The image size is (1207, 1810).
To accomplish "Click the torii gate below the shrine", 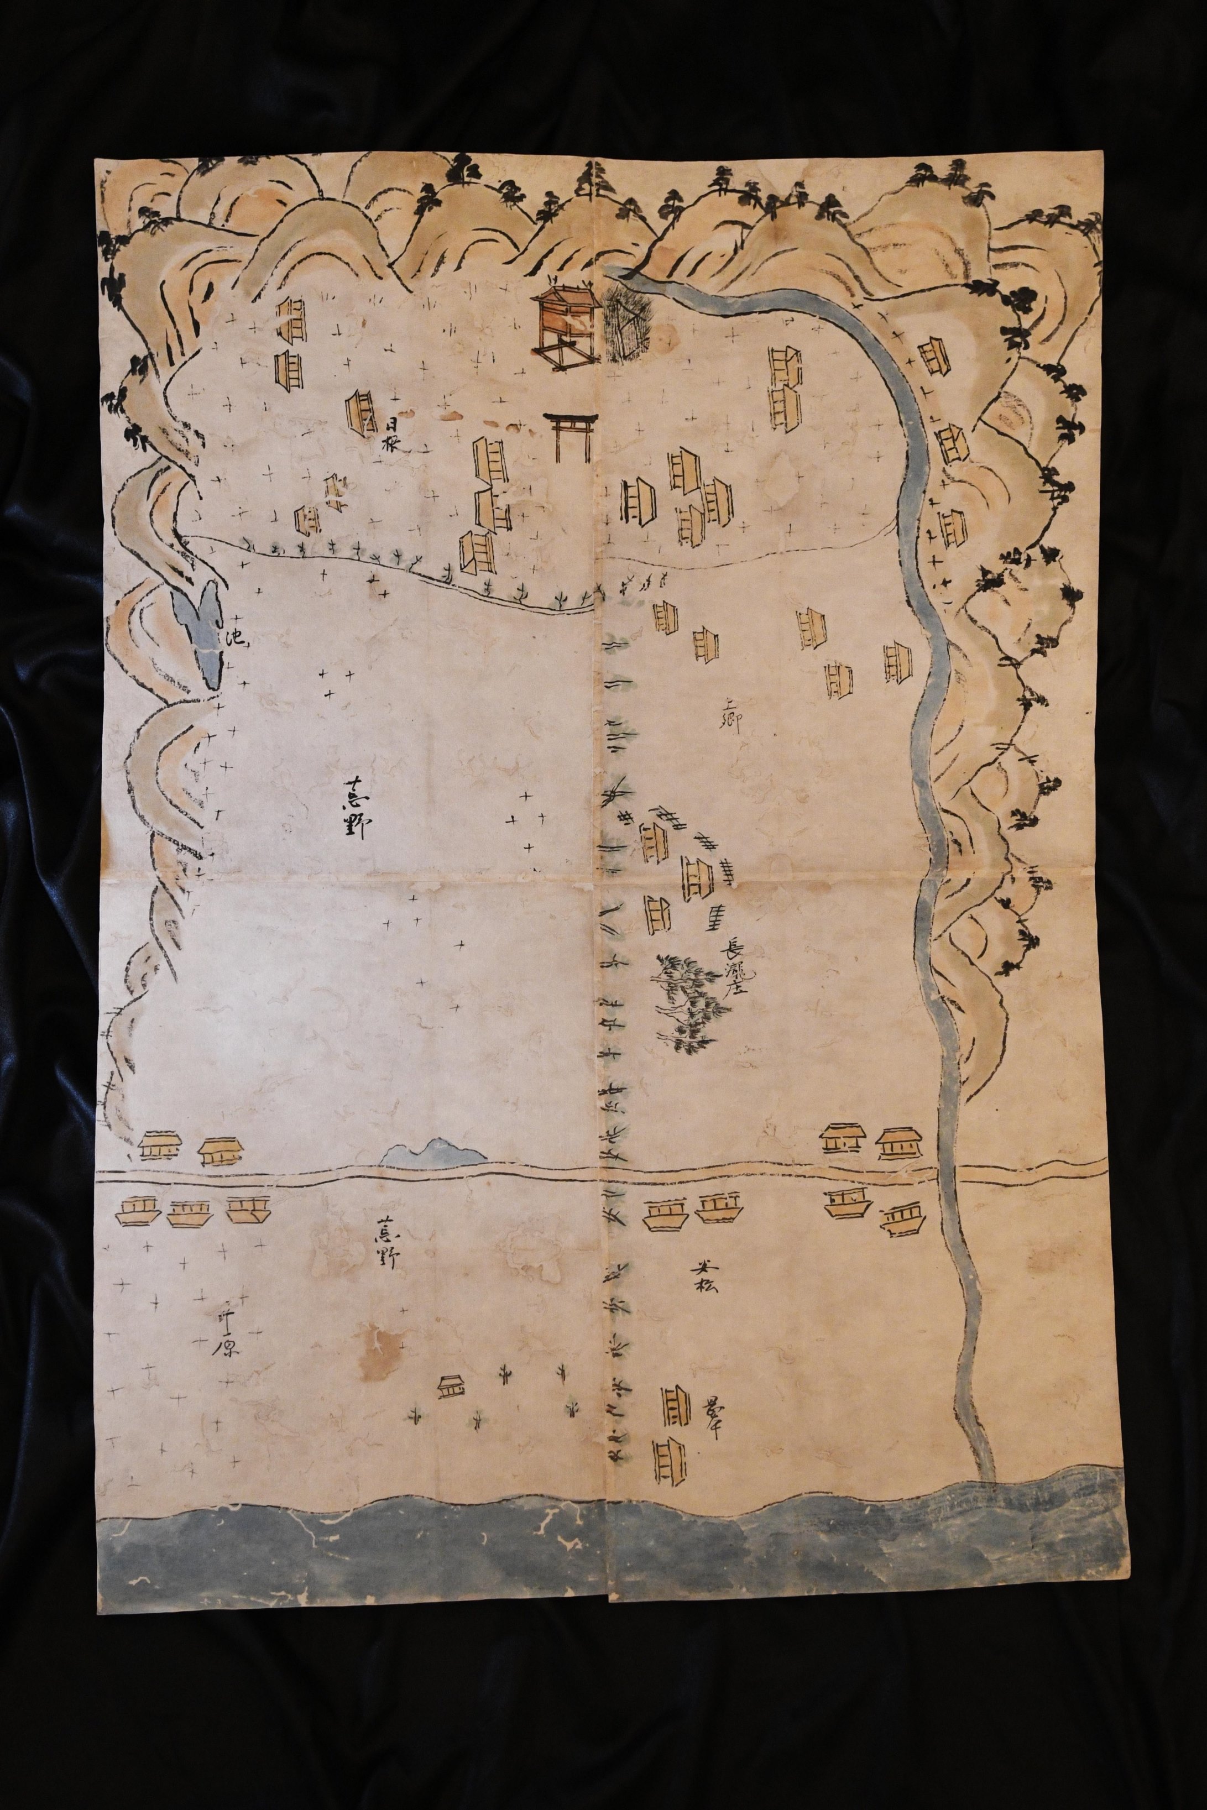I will coord(571,437).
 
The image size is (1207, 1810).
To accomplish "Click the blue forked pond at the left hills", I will coord(202,631).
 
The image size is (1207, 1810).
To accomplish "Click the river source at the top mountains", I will coord(616,271).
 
